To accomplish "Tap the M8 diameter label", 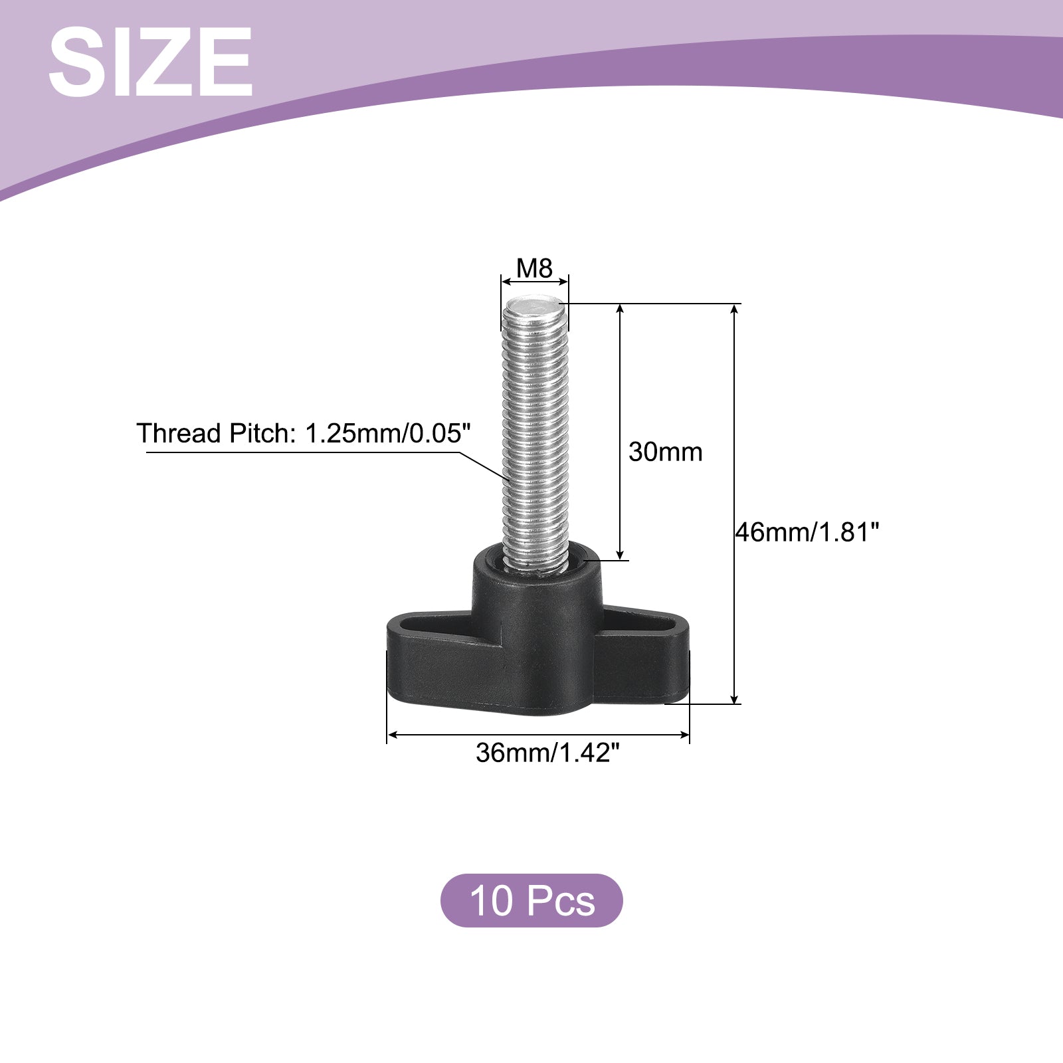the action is (x=535, y=268).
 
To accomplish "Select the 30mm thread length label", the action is (x=665, y=452).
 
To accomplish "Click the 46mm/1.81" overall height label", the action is (x=807, y=532).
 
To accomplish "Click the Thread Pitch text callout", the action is (x=304, y=433).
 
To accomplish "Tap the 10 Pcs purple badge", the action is (x=531, y=900).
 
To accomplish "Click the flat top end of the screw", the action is (x=535, y=306).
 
